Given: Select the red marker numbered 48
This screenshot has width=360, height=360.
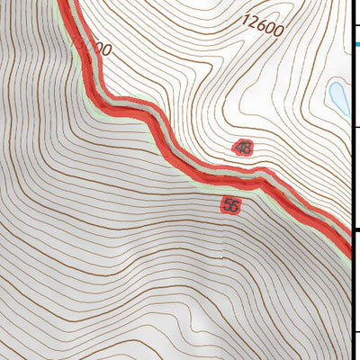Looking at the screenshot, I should [241, 147].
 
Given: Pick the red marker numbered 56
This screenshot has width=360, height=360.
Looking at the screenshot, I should [230, 205].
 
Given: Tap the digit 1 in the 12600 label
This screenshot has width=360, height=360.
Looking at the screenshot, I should [246, 18].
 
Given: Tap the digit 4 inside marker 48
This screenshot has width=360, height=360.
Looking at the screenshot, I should [238, 147].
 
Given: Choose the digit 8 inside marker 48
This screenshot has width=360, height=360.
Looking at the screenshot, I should [245, 147].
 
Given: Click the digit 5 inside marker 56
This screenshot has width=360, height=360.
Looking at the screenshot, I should [227, 205].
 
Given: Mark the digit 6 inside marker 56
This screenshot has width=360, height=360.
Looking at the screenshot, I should [234, 205].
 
